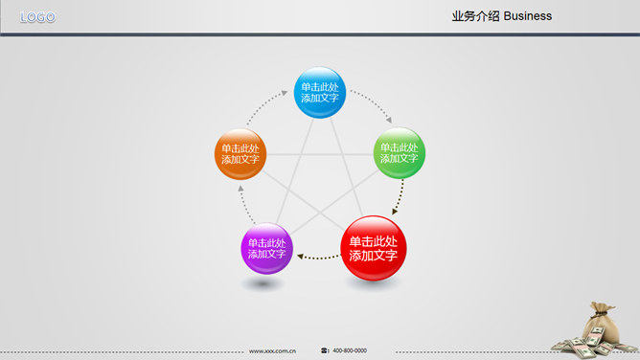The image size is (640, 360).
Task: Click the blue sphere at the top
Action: point(319,92)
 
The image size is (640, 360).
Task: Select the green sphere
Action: point(399,152)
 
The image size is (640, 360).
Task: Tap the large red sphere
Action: point(374,248)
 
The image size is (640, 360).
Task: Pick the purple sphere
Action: point(266,248)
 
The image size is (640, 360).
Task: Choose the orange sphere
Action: point(240,153)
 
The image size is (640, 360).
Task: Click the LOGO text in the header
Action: point(37,17)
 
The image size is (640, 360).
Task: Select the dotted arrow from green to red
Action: point(400,196)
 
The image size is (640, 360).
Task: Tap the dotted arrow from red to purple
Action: point(318,256)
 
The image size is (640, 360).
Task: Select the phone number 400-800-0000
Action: point(350,350)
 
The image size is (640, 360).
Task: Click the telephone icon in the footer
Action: point(325,350)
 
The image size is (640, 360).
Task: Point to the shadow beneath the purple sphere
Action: point(265,283)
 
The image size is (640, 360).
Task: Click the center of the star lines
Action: point(319,182)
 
